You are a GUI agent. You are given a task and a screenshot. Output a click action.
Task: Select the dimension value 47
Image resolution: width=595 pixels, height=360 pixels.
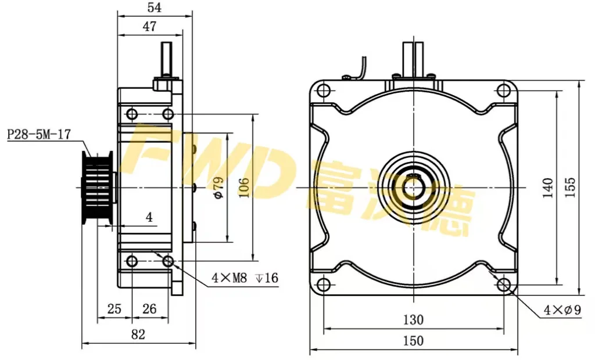click(149, 26)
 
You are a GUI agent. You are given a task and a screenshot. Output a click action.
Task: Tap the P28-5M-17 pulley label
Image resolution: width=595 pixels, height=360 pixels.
click(38, 135)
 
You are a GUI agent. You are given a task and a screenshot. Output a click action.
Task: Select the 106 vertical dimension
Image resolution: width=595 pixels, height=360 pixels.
click(244, 187)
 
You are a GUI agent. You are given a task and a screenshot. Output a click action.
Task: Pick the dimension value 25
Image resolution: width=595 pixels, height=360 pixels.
click(114, 309)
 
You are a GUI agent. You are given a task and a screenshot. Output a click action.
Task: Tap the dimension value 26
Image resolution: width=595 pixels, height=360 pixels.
click(149, 309)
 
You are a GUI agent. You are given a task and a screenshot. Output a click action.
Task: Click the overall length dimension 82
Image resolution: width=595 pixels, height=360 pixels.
click(138, 334)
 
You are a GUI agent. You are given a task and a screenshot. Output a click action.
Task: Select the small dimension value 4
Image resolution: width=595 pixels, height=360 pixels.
click(149, 218)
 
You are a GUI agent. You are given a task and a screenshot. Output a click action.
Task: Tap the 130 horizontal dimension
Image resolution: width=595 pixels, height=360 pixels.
click(413, 319)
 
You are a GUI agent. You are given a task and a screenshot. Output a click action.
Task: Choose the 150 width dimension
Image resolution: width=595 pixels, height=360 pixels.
click(413, 341)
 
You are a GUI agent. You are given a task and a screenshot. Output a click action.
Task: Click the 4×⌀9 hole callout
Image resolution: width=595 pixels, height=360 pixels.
click(562, 310)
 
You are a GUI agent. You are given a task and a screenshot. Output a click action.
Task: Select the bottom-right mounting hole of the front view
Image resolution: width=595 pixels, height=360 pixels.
click(503, 285)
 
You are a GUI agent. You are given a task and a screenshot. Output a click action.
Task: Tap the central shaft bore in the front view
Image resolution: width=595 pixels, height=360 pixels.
click(413, 187)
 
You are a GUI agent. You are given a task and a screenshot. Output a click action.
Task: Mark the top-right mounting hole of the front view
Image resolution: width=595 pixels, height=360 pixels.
click(503, 91)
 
